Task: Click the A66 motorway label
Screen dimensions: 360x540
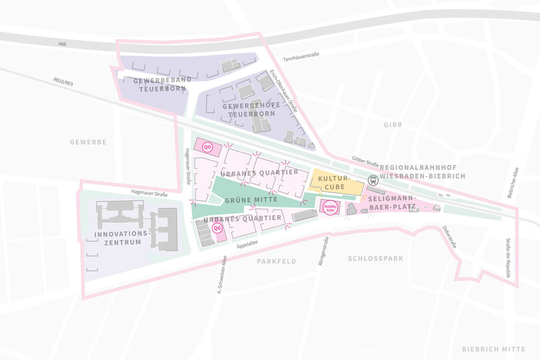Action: pyautogui.click(x=62, y=44)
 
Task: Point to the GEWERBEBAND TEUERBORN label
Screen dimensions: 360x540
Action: pyautogui.click(x=162, y=84)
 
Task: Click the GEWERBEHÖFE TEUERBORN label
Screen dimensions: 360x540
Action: pyautogui.click(x=251, y=110)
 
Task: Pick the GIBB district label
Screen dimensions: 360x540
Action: pyautogui.click(x=393, y=124)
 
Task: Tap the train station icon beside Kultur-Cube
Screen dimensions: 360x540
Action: pyautogui.click(x=373, y=180)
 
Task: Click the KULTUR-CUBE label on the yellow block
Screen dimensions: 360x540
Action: pyautogui.click(x=334, y=183)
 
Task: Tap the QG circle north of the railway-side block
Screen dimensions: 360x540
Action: pyautogui.click(x=207, y=147)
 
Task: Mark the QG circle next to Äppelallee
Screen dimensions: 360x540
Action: pyautogui.click(x=217, y=228)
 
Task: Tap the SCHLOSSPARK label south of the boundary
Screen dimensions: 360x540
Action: pyautogui.click(x=375, y=259)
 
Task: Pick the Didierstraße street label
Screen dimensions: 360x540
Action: pyautogui.click(x=449, y=237)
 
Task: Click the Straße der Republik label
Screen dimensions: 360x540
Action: pyautogui.click(x=508, y=258)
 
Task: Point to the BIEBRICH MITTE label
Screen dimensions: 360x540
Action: pyautogui.click(x=493, y=349)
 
